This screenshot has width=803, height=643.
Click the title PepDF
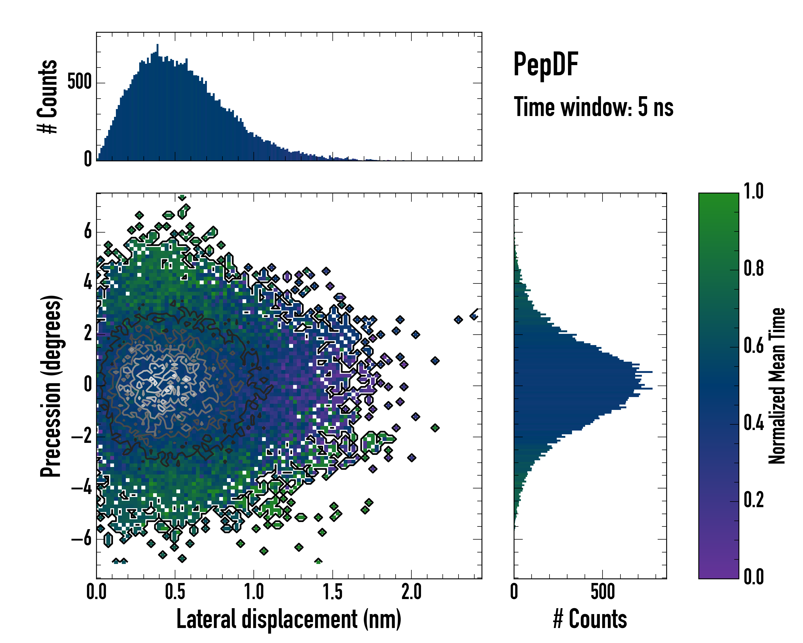coord(545,65)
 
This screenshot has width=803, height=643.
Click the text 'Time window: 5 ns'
coord(593,107)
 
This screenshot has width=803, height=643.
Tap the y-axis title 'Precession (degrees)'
coord(51,386)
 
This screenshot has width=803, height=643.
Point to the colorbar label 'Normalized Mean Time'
coord(777,386)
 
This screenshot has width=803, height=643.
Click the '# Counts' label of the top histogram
coord(48,96)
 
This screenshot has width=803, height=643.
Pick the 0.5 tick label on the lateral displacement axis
coord(175,592)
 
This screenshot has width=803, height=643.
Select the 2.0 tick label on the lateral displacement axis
coord(411,592)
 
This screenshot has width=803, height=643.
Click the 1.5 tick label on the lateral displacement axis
coord(333,592)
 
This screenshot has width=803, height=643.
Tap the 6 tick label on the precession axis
coord(88,232)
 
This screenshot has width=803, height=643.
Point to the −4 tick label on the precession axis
coord(82,488)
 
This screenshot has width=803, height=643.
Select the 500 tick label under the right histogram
coord(602,592)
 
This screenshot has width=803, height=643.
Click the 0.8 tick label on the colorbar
coord(753,269)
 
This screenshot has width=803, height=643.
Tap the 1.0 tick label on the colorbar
coord(753,192)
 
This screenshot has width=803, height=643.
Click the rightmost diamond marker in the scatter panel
coord(474,316)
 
